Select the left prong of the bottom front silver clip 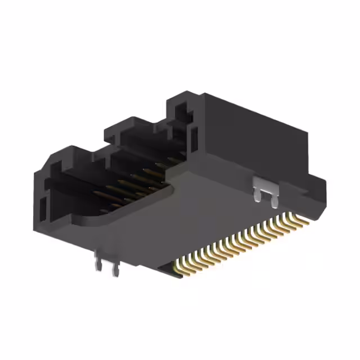coord(99,265)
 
